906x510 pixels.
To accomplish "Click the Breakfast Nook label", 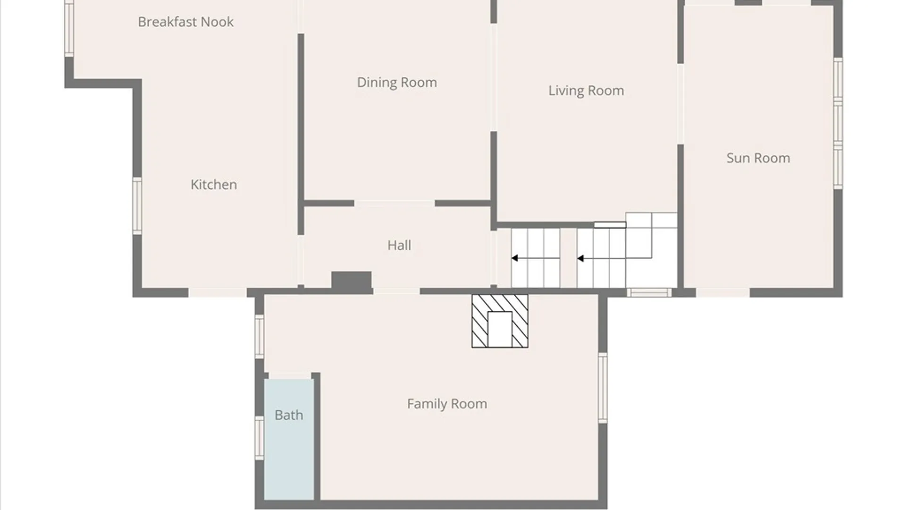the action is pyautogui.click(x=185, y=22).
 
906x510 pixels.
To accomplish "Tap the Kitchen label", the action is pyautogui.click(x=214, y=184).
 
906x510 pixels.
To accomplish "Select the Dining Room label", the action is pyautogui.click(x=397, y=83).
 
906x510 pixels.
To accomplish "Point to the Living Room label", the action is pyautogui.click(x=586, y=91).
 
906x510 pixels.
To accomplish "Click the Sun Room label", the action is pyautogui.click(x=758, y=158).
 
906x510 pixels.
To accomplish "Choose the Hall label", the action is pyautogui.click(x=399, y=245).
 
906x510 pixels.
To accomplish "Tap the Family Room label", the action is pyautogui.click(x=447, y=404).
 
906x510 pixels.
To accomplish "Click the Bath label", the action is pyautogui.click(x=289, y=415).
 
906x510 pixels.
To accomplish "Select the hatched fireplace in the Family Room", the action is pyautogui.click(x=500, y=321).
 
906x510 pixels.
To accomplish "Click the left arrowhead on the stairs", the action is pyautogui.click(x=515, y=258).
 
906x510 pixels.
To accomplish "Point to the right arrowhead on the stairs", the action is pyautogui.click(x=580, y=258).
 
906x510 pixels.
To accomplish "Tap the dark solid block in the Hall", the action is pyautogui.click(x=352, y=281).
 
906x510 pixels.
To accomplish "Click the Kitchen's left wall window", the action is pyautogui.click(x=137, y=206).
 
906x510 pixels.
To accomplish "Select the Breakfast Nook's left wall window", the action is pyautogui.click(x=69, y=28).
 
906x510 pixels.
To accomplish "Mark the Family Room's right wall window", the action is pyautogui.click(x=603, y=388).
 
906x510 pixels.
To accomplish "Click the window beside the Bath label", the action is pyautogui.click(x=260, y=438).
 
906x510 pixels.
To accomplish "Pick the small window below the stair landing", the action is pyautogui.click(x=649, y=293).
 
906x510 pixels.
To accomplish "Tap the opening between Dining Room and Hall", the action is pyautogui.click(x=394, y=204).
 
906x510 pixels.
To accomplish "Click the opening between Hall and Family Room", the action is pyautogui.click(x=396, y=292).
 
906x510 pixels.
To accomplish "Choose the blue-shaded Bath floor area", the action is pyautogui.click(x=289, y=439).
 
